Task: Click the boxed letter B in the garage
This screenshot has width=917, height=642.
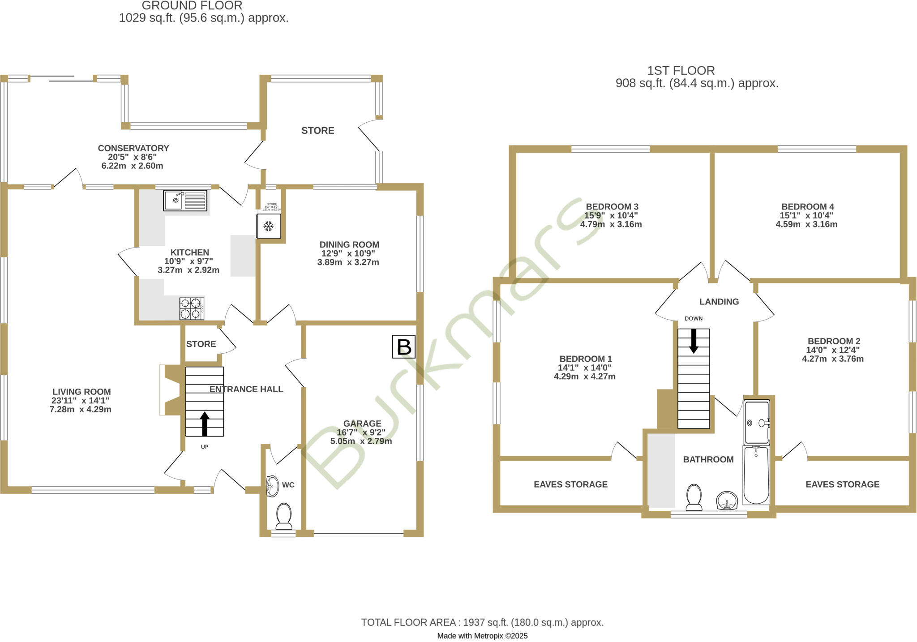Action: pos(404,347)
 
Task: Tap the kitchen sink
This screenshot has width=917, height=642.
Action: pos(185,201)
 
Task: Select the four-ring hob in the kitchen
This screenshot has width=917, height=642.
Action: pos(192,308)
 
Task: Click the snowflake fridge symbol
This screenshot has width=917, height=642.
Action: pos(268,226)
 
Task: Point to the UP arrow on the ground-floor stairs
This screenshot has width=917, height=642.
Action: pos(205,424)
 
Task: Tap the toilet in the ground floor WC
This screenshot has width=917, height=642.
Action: pos(284,516)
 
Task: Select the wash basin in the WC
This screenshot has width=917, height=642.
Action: pos(271,486)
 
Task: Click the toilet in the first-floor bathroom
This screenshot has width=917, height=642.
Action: pos(694,497)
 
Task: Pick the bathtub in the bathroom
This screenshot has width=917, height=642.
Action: pos(756,475)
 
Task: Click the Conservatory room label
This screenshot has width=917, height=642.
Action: pos(133,148)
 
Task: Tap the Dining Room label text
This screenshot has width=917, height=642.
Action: pos(349,244)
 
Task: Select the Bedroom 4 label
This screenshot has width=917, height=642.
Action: pos(807,206)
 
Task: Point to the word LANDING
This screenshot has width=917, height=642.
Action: pos(719,302)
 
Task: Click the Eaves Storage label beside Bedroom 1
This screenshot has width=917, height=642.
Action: pos(570,484)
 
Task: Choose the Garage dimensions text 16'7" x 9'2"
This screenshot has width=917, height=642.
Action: pos(362,432)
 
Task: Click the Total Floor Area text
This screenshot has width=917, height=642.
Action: pos(482,622)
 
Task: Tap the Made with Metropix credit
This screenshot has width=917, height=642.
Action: pos(482,636)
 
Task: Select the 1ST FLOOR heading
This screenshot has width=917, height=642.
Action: pos(681,71)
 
